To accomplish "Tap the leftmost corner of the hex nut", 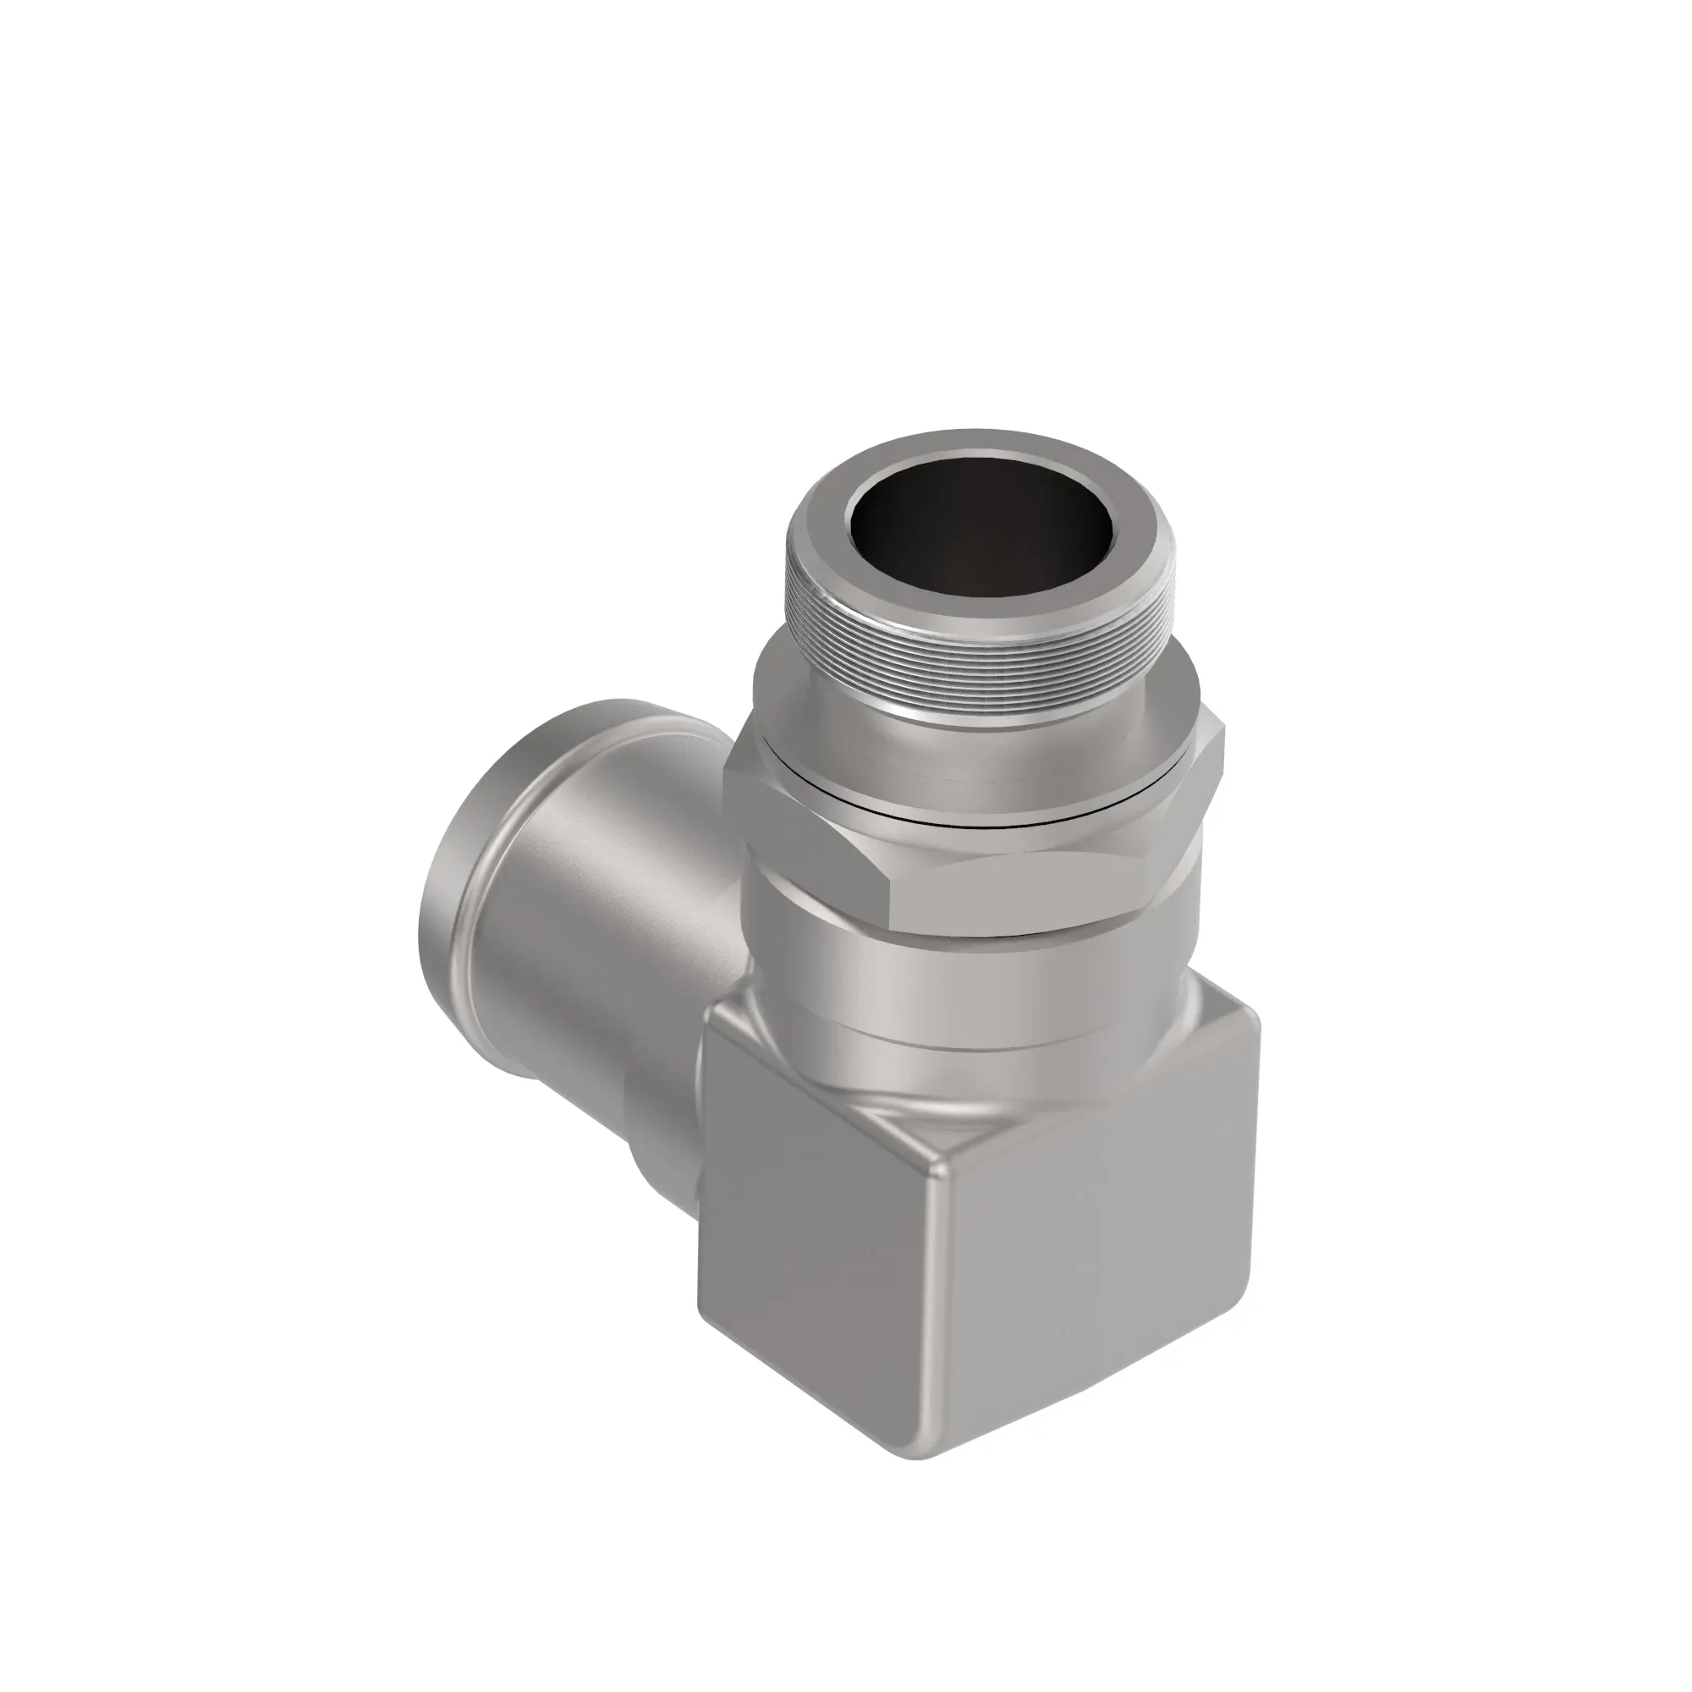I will pos(726,769).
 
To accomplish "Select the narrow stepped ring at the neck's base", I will pos(964,1047).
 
